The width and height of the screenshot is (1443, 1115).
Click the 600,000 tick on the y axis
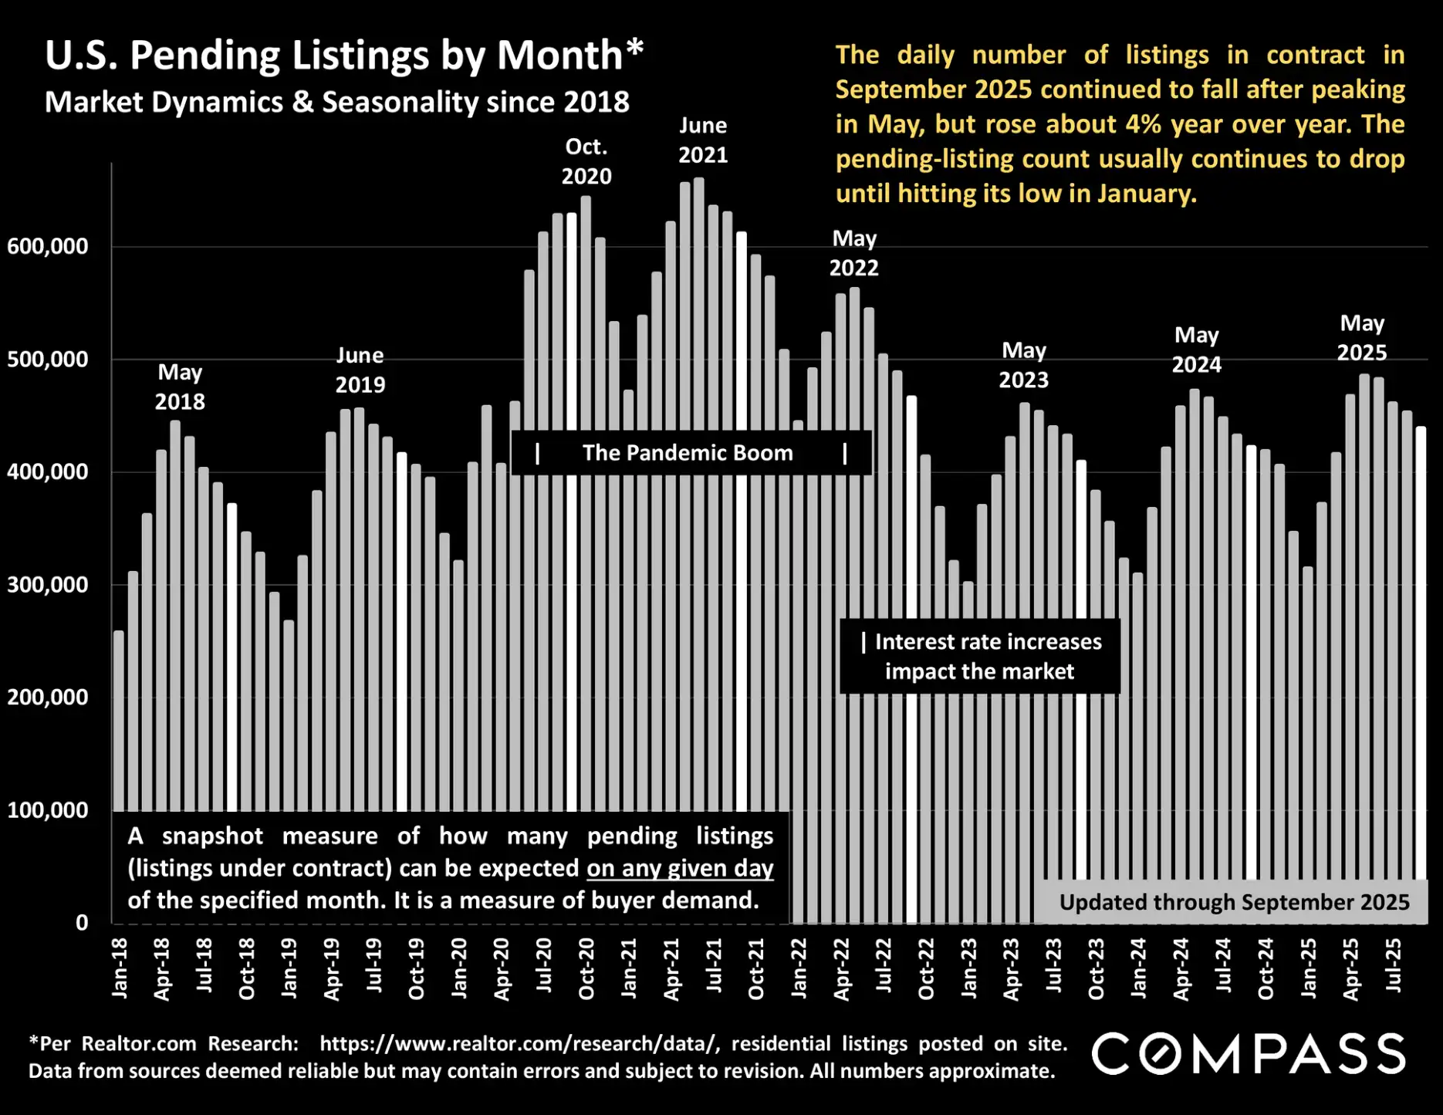(x=48, y=247)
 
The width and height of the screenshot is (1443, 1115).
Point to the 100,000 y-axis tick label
(x=48, y=810)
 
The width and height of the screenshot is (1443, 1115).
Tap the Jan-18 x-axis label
(x=120, y=968)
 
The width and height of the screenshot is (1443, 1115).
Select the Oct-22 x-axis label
(x=926, y=968)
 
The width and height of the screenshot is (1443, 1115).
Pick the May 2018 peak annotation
(x=180, y=387)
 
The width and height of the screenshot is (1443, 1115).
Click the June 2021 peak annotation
(x=703, y=140)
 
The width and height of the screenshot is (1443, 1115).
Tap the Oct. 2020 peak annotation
(x=586, y=161)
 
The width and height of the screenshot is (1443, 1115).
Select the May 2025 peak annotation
(x=1362, y=337)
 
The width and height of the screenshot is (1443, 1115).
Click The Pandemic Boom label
(x=688, y=453)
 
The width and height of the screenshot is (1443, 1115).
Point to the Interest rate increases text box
(x=980, y=656)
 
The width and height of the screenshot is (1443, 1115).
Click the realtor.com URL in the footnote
(x=519, y=1044)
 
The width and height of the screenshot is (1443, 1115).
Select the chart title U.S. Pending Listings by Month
(x=343, y=56)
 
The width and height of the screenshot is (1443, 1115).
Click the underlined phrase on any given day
(x=680, y=868)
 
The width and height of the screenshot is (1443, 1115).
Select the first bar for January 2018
(x=119, y=718)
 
